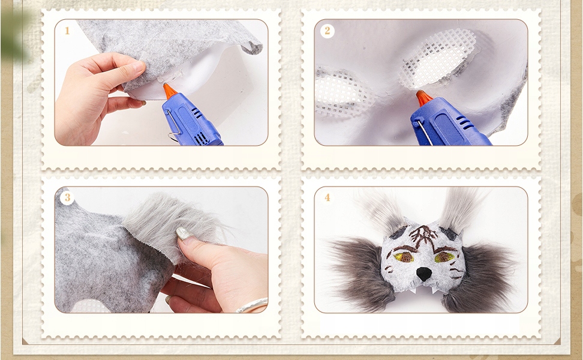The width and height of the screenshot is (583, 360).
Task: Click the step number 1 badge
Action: (x=67, y=31)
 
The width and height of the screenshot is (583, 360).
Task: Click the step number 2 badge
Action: (x=327, y=31)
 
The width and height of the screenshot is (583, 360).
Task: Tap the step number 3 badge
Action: (x=67, y=197)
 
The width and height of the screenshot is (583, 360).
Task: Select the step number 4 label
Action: (x=327, y=197)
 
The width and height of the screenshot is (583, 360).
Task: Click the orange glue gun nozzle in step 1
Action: (x=170, y=91)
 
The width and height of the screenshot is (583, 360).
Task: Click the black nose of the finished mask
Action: (x=422, y=274)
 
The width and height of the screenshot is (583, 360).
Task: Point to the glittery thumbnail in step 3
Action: (x=184, y=234)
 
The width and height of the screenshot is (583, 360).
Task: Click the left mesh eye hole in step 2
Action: (x=338, y=91)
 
